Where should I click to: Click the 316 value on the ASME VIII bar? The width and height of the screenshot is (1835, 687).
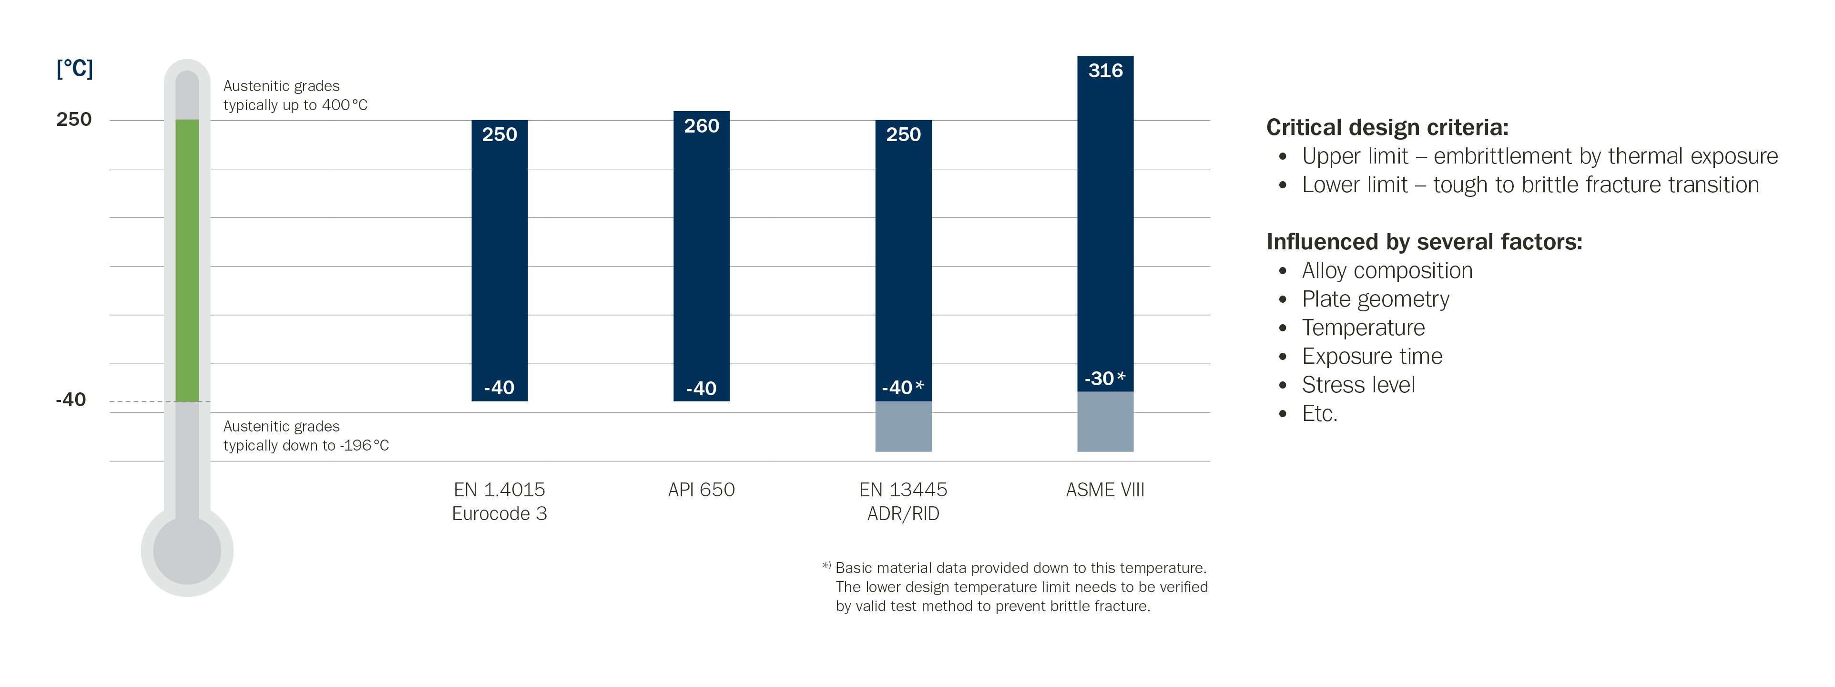(1105, 71)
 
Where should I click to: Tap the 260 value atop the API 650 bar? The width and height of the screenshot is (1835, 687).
(701, 126)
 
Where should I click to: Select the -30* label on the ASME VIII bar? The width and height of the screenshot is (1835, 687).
(1104, 379)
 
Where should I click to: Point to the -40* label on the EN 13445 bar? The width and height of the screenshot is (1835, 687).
(903, 388)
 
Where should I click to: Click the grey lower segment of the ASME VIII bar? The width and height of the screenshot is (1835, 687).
(1105, 422)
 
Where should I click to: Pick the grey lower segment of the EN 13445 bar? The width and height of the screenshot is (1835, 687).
(903, 426)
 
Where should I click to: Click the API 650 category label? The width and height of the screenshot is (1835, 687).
(701, 490)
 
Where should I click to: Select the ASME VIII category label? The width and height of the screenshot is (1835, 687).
(1105, 490)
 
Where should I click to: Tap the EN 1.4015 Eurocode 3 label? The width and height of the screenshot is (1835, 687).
(500, 502)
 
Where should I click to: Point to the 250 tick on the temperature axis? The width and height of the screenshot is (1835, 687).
(74, 120)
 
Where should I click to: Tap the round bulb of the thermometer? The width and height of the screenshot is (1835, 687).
(187, 551)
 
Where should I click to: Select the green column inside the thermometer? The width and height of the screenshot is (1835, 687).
(187, 260)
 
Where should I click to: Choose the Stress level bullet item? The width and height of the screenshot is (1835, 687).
(1358, 385)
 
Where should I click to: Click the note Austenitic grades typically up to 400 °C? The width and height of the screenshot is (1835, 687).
(295, 95)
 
